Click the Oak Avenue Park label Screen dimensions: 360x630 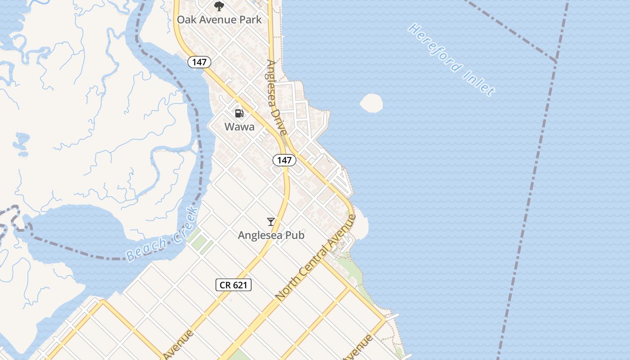(x=219, y=19)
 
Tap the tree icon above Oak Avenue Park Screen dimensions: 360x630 (x=219, y=6)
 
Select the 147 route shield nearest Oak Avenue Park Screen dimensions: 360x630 (x=199, y=62)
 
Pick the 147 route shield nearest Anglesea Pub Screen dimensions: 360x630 (x=284, y=160)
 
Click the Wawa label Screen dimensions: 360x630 (x=239, y=126)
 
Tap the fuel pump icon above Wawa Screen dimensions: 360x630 (x=239, y=113)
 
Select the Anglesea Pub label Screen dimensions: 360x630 (x=271, y=235)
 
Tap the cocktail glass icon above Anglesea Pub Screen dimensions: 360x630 (x=271, y=222)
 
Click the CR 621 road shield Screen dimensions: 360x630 (x=233, y=284)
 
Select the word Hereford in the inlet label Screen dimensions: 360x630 (x=435, y=49)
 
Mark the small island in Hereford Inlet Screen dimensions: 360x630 (x=372, y=103)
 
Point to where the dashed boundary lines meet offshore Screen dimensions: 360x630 (x=557, y=61)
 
